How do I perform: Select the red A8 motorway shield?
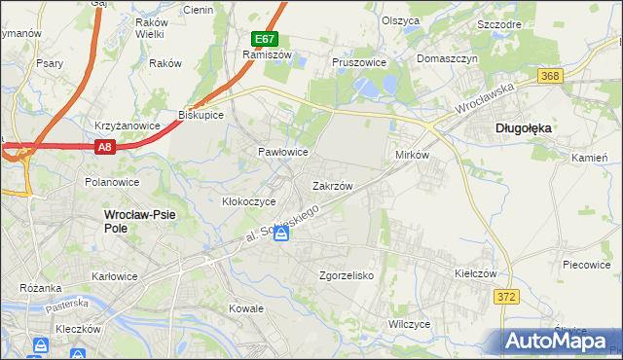coord(105,147)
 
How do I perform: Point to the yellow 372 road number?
coord(504,298)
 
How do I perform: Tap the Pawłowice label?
coord(282,152)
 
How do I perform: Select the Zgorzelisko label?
coord(347,275)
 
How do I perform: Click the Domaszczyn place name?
coord(447,58)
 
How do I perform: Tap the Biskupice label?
coord(202,114)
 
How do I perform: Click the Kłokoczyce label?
coord(249,201)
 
